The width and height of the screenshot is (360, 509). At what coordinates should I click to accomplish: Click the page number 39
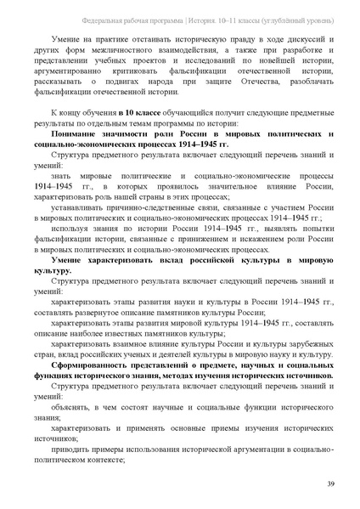coord(329,484)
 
